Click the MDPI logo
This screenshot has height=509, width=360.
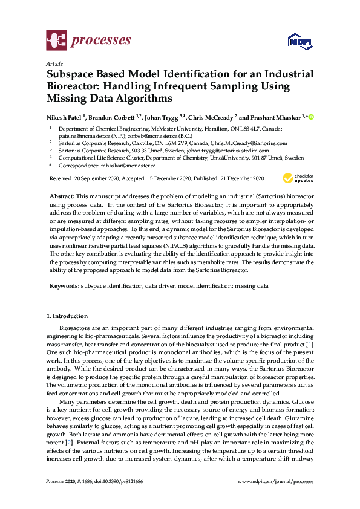[300, 41]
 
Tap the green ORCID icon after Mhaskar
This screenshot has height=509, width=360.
[312, 117]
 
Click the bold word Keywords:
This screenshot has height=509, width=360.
[64, 285]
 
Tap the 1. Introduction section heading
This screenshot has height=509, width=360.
[67, 316]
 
